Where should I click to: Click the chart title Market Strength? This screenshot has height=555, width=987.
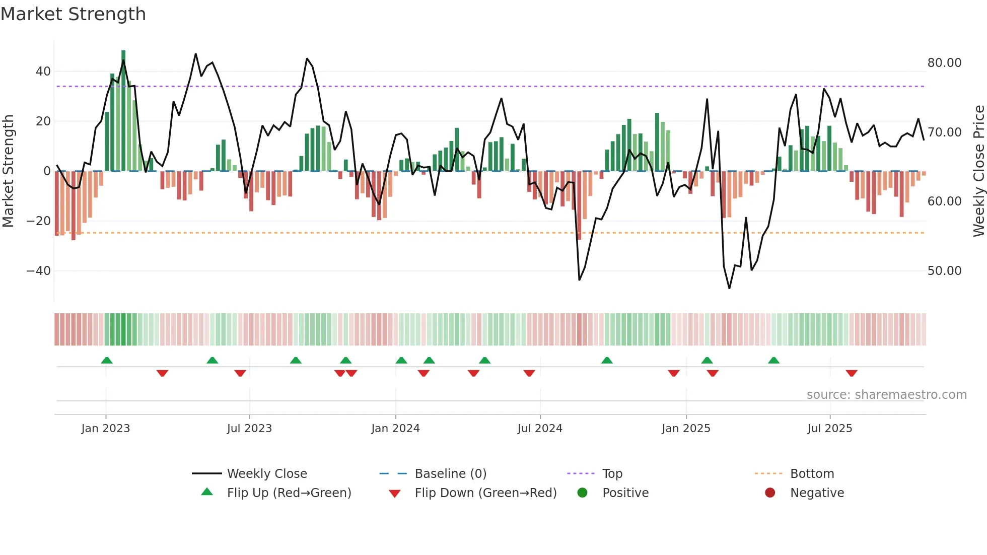tap(73, 14)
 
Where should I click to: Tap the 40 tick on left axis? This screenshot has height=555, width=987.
tap(43, 72)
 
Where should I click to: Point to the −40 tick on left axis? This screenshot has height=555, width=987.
tap(39, 271)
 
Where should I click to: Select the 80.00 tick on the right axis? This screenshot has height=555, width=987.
tap(944, 63)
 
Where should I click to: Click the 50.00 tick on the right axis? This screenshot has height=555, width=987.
tap(944, 271)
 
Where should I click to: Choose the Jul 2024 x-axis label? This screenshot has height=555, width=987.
tap(539, 429)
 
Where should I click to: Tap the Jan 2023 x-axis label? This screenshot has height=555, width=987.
tap(105, 429)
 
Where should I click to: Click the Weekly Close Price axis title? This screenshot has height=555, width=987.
tap(978, 171)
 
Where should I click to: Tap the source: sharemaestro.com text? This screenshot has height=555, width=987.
tap(886, 395)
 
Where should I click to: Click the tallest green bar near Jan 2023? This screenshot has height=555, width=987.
tap(123, 111)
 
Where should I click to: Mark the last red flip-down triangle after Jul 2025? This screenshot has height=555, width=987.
tap(852, 373)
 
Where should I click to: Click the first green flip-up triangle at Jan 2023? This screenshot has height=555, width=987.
tap(107, 360)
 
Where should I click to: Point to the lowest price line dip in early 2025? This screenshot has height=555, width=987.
tap(729, 288)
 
